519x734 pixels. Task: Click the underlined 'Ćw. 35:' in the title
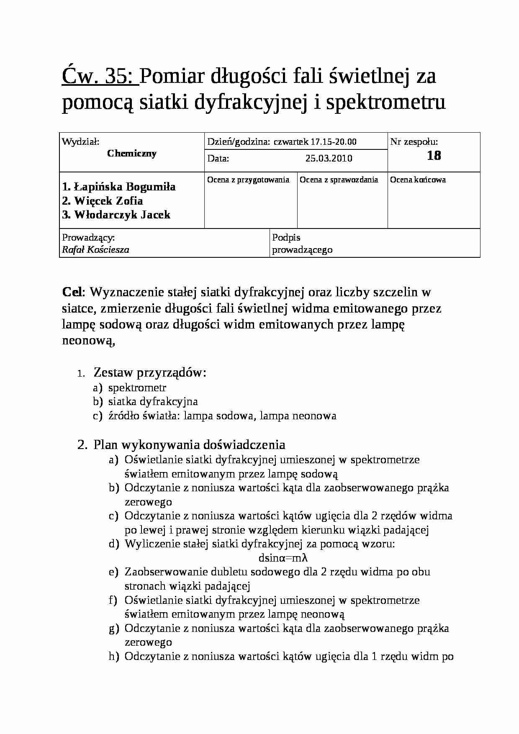point(100,76)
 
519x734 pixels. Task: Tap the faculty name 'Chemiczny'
point(132,154)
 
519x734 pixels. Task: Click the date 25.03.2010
point(329,159)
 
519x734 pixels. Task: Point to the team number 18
point(434,156)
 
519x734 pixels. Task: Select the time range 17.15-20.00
point(333,142)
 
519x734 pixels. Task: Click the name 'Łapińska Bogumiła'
point(125,187)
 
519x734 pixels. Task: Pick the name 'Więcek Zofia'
point(108,201)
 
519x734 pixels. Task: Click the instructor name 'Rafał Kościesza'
point(95,250)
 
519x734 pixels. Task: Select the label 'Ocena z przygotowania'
point(248,180)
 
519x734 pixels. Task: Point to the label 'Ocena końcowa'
point(418,180)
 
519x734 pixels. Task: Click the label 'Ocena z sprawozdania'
point(339,180)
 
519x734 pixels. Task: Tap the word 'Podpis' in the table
point(286,238)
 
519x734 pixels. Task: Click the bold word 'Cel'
point(73,292)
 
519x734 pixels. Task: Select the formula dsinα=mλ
point(283,558)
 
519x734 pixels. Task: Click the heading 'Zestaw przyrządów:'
point(150,372)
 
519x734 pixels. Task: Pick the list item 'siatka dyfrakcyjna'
point(153,402)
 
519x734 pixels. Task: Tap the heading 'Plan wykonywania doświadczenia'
point(189,444)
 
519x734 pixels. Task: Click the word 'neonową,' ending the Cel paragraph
point(88,341)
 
